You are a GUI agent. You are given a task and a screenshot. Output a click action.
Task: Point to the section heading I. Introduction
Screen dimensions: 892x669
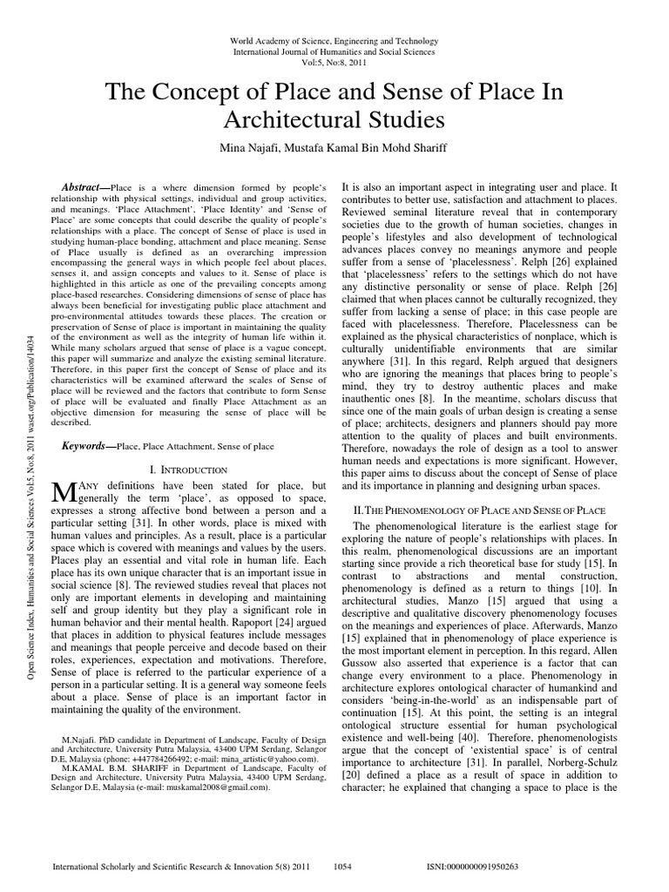(x=188, y=469)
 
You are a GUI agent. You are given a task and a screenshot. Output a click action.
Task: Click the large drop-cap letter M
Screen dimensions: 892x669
(x=64, y=493)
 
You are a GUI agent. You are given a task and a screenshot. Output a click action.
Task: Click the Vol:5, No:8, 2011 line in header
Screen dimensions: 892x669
(x=334, y=63)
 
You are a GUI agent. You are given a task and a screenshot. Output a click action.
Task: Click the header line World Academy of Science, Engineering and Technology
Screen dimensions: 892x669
(x=334, y=42)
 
